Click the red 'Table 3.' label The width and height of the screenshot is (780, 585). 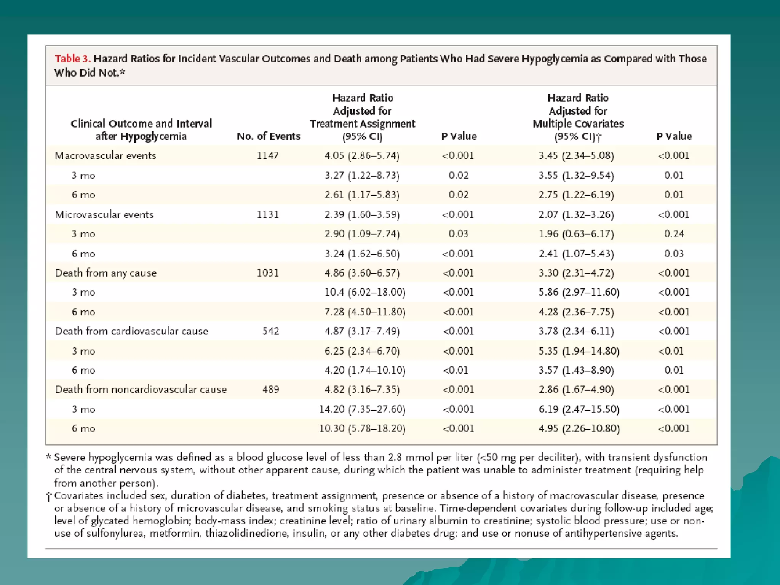coord(72,59)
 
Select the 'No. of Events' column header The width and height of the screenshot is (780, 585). coord(269,136)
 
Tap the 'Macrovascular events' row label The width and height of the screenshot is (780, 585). coord(105,155)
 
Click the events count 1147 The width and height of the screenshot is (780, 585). coord(268,155)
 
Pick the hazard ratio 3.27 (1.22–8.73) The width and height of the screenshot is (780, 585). coord(362,175)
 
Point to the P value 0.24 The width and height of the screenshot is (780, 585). coord(674,233)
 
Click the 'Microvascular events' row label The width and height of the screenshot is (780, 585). coord(104,214)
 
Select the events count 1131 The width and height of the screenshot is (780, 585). coord(268,214)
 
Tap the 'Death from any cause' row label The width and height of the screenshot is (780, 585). coord(105,273)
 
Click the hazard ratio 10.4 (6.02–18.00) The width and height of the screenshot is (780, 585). coord(365,292)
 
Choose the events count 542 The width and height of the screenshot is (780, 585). coord(271,331)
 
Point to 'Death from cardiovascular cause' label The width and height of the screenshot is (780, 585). coord(131,331)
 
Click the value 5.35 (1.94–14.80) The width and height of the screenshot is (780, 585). coord(579,351)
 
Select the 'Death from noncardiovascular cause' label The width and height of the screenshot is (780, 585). coord(141,389)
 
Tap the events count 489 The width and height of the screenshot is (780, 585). coord(271,389)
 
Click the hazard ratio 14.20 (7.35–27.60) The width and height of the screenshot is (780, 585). coord(362,409)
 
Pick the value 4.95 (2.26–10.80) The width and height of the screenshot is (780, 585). coord(579,428)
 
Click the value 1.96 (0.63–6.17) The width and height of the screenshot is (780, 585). coord(576,233)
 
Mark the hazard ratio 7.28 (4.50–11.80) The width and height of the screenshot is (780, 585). coord(365,312)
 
